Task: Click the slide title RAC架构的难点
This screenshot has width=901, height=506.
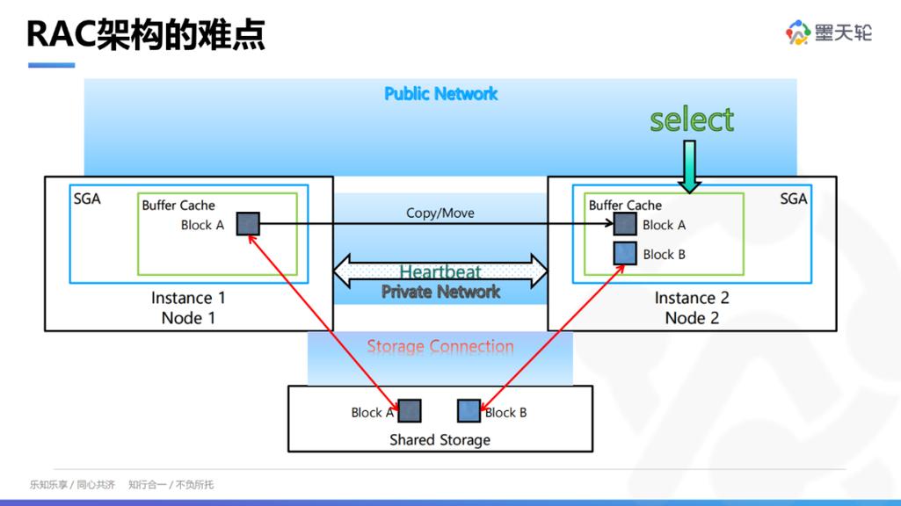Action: pyautogui.click(x=146, y=34)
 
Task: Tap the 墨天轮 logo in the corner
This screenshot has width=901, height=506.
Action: pyautogui.click(x=828, y=33)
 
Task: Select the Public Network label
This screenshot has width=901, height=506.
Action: pyautogui.click(x=440, y=94)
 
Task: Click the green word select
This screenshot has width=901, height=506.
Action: pyautogui.click(x=692, y=119)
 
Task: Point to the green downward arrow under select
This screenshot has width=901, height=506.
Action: pyautogui.click(x=691, y=166)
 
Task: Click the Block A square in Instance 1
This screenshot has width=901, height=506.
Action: pyautogui.click(x=248, y=224)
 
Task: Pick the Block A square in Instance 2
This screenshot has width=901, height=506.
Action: pyautogui.click(x=625, y=224)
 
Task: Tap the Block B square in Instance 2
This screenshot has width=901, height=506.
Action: pyautogui.click(x=625, y=254)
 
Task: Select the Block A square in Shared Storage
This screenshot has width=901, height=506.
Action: pyautogui.click(x=410, y=410)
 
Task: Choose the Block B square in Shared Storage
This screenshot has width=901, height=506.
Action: pyautogui.click(x=469, y=410)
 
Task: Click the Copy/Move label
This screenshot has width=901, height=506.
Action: pyautogui.click(x=440, y=213)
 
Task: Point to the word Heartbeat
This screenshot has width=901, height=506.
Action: pyautogui.click(x=440, y=272)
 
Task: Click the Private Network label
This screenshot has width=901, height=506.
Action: pyautogui.click(x=440, y=292)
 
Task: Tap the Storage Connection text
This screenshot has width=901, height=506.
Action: pyautogui.click(x=440, y=346)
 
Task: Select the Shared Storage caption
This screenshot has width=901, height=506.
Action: pyautogui.click(x=440, y=439)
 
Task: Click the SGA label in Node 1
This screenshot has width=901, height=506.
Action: pyautogui.click(x=87, y=199)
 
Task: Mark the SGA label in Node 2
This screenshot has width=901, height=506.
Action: pyautogui.click(x=793, y=199)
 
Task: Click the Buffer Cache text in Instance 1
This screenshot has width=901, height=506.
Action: pyautogui.click(x=178, y=206)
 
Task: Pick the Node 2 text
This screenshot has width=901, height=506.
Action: pyautogui.click(x=692, y=318)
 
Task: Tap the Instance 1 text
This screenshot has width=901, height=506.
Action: pyautogui.click(x=188, y=298)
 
